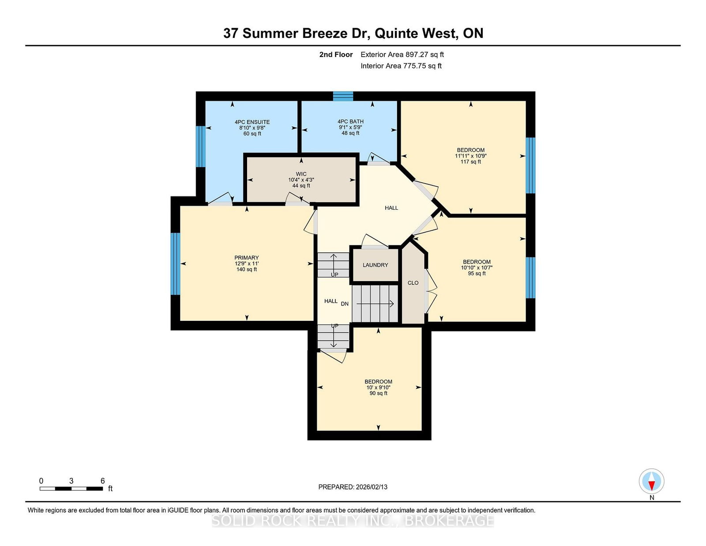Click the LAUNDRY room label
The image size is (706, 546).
pos(376,265)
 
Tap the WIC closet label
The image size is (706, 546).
pos(301,174)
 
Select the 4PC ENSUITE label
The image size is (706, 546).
pos(252,122)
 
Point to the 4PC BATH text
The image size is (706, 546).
pos(350,121)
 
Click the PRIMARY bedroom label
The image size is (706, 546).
pos(246,258)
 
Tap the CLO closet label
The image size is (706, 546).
pos(413,283)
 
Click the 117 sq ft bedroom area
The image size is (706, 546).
pos(471,162)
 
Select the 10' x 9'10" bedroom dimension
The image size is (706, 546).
pos(378,388)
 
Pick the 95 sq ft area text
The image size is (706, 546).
pos(477,273)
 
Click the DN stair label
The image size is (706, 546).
pos(345,304)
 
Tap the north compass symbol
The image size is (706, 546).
pos(651,481)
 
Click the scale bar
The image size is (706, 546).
pos(71,489)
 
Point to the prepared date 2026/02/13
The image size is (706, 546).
pos(353,487)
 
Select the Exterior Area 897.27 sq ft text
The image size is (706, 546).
pos(402,55)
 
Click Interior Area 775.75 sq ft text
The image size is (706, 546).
pos(401,66)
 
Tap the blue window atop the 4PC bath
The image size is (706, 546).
pos(343,96)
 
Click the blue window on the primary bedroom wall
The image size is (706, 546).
pos(175,264)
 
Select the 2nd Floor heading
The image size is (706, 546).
pos(336,55)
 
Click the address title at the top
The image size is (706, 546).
pos(353,33)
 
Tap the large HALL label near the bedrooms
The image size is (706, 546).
pos(391,208)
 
